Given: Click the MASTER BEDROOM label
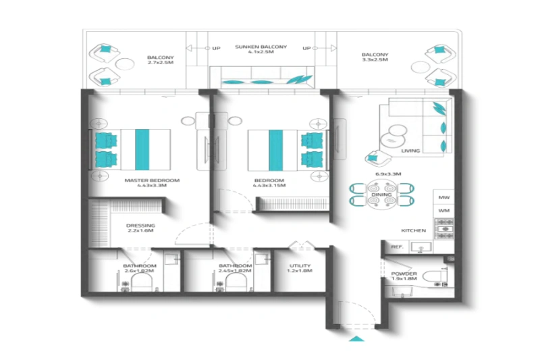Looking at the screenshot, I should point(152,181).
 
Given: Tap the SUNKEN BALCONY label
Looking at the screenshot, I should point(261,47).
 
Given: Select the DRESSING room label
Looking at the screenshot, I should point(140,226).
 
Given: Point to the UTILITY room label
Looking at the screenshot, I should point(300,266).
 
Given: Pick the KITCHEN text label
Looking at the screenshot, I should point(412,230).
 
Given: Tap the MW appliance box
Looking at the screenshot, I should point(443,197).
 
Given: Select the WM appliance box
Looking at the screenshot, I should point(443,211).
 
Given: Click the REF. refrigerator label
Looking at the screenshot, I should point(397,247).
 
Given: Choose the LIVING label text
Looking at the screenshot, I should point(410,151).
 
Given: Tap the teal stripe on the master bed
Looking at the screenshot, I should point(142,150).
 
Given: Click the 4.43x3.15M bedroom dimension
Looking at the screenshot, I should point(269,187).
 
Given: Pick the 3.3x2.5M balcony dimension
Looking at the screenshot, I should point(375,59).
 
